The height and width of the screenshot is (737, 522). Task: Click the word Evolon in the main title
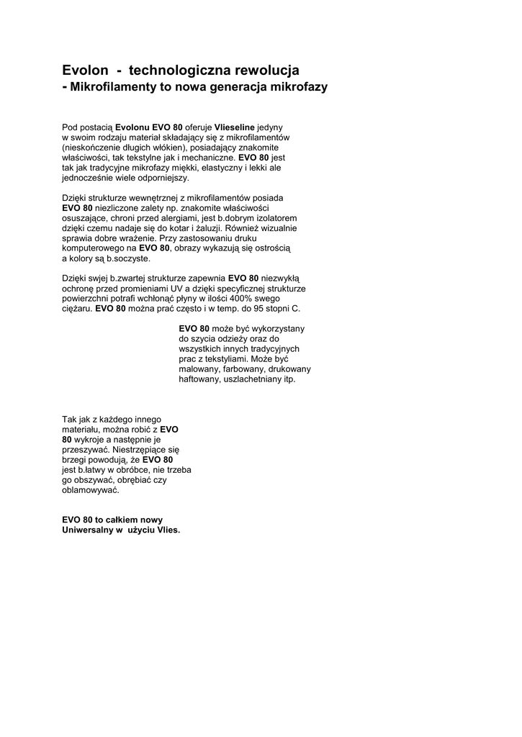[x=84, y=71]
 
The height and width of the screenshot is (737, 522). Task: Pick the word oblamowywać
[x=91, y=489]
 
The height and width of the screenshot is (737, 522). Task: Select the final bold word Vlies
[x=167, y=530]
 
